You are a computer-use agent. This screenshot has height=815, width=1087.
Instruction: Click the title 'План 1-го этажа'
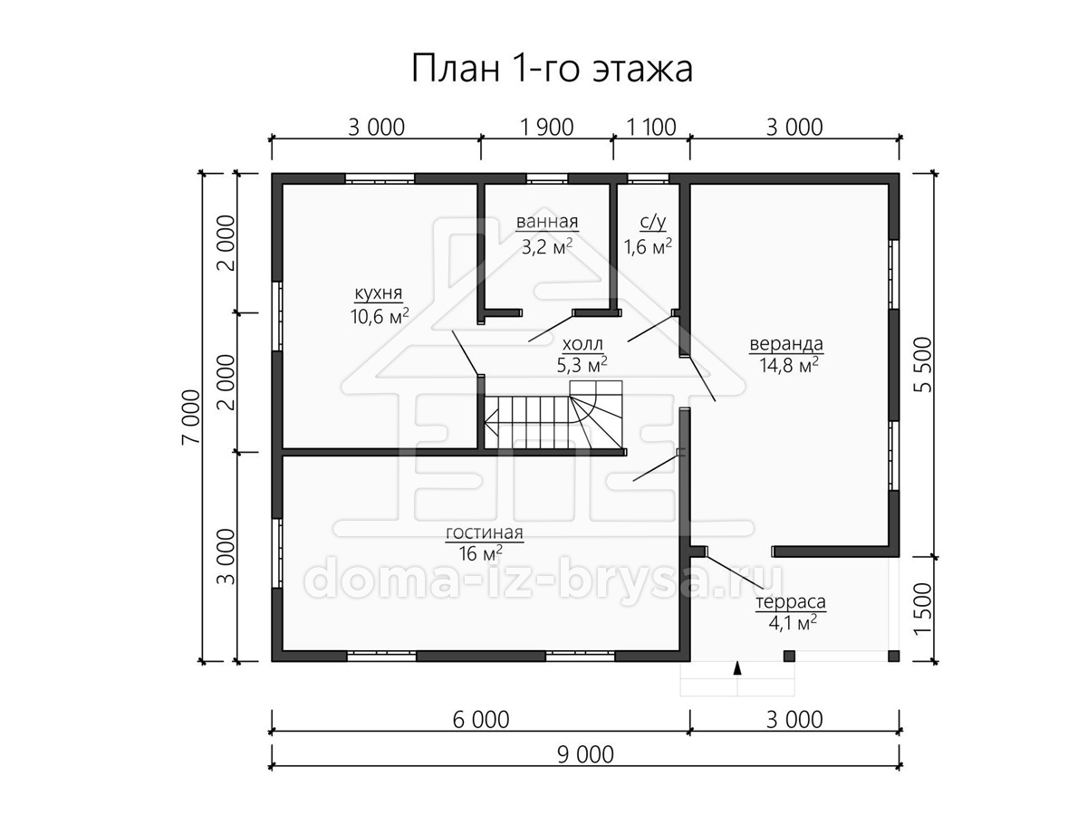552,70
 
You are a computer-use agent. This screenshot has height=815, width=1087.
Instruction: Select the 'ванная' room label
547,222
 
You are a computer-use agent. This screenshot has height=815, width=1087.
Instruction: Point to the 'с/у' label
653,222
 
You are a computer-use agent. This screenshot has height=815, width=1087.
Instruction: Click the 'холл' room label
582,343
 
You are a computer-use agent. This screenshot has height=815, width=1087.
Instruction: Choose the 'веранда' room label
786,343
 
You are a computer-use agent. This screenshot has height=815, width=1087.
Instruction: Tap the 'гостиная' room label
485,533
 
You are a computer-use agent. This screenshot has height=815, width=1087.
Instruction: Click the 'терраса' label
791,602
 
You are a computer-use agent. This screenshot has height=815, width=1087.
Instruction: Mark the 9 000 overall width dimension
585,755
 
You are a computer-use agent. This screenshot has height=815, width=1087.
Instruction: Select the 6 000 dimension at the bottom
481,720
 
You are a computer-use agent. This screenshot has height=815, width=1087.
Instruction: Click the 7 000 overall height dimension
192,417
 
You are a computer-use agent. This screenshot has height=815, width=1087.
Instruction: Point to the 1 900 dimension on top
547,128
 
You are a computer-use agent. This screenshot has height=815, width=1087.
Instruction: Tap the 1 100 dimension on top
651,128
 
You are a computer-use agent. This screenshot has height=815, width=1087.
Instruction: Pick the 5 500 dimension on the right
923,365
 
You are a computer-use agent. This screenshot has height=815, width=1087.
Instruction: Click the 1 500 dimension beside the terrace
923,609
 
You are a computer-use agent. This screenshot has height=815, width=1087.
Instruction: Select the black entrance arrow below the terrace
737,668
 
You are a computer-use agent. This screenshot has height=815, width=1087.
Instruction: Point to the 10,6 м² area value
380,316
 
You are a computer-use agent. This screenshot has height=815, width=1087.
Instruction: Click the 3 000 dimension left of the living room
226,557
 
